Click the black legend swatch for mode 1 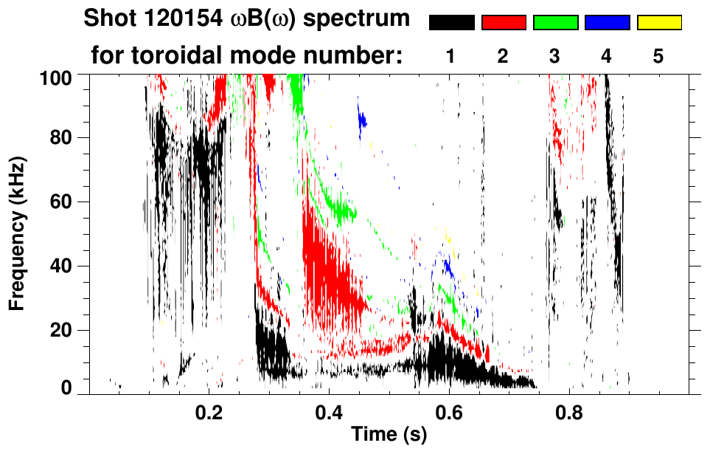click(x=451, y=23)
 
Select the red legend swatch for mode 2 click(x=504, y=23)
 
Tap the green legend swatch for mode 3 click(x=555, y=23)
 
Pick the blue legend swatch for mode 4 click(x=607, y=23)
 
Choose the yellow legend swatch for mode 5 click(x=659, y=23)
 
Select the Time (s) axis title click(x=389, y=436)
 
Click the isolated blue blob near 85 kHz click(x=361, y=120)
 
